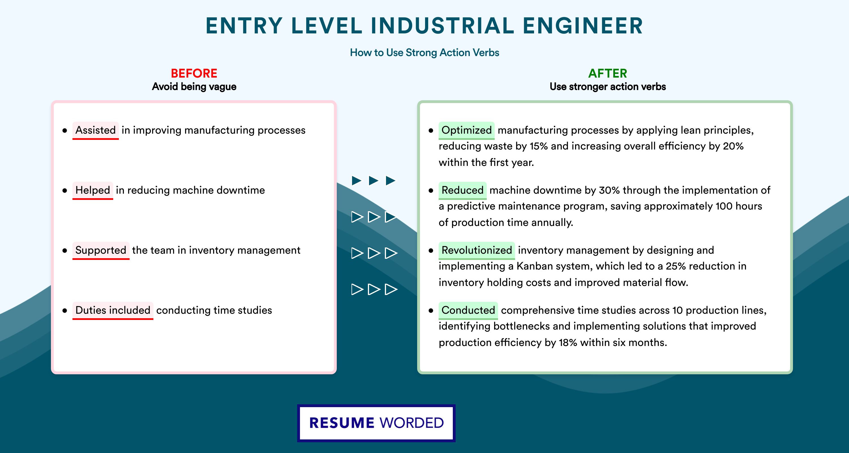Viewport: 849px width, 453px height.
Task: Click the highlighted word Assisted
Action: [96, 130]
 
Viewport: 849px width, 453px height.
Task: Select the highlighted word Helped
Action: [93, 190]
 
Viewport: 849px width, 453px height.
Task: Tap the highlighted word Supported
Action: [101, 250]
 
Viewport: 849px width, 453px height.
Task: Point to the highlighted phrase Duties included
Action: [113, 310]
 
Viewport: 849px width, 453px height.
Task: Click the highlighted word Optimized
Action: [466, 130]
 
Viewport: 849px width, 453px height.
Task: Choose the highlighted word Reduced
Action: [462, 190]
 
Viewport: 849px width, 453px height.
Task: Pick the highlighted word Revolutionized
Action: [477, 250]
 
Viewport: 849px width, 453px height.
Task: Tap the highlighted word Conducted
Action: [468, 310]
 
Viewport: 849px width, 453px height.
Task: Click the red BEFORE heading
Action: [194, 73]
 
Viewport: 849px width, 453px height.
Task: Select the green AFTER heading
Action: [608, 73]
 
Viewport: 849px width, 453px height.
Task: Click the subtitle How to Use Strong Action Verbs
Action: [424, 52]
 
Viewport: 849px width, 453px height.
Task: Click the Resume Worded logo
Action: [376, 423]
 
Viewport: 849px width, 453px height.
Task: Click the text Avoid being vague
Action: [194, 87]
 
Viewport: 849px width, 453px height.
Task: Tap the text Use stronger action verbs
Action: [608, 87]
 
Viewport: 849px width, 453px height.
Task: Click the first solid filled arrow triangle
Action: [357, 180]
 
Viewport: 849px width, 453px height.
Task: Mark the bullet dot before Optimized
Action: [431, 131]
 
